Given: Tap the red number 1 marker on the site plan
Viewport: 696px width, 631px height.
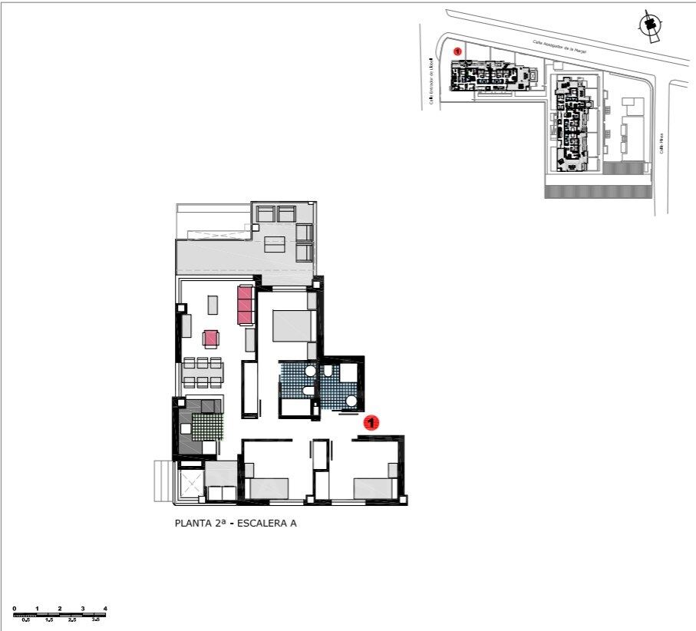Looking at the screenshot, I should tap(458, 51).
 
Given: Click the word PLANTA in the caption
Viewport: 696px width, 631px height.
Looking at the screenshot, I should tap(193, 524).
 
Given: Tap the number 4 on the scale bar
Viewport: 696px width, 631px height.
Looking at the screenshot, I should tap(105, 609).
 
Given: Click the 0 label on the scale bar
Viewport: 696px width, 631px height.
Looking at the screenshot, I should tap(15, 609).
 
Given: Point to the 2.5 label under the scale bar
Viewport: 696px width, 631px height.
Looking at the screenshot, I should tap(71, 619).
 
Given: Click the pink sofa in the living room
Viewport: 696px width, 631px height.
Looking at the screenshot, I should tap(246, 304).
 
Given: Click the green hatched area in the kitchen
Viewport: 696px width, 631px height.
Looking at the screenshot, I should tap(206, 426).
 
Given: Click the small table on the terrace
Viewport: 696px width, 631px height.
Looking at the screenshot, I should tap(275, 245).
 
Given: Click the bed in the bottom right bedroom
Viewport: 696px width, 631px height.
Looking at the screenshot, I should tap(374, 488).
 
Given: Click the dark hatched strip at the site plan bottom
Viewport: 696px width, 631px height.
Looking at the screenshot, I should tap(595, 192).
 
